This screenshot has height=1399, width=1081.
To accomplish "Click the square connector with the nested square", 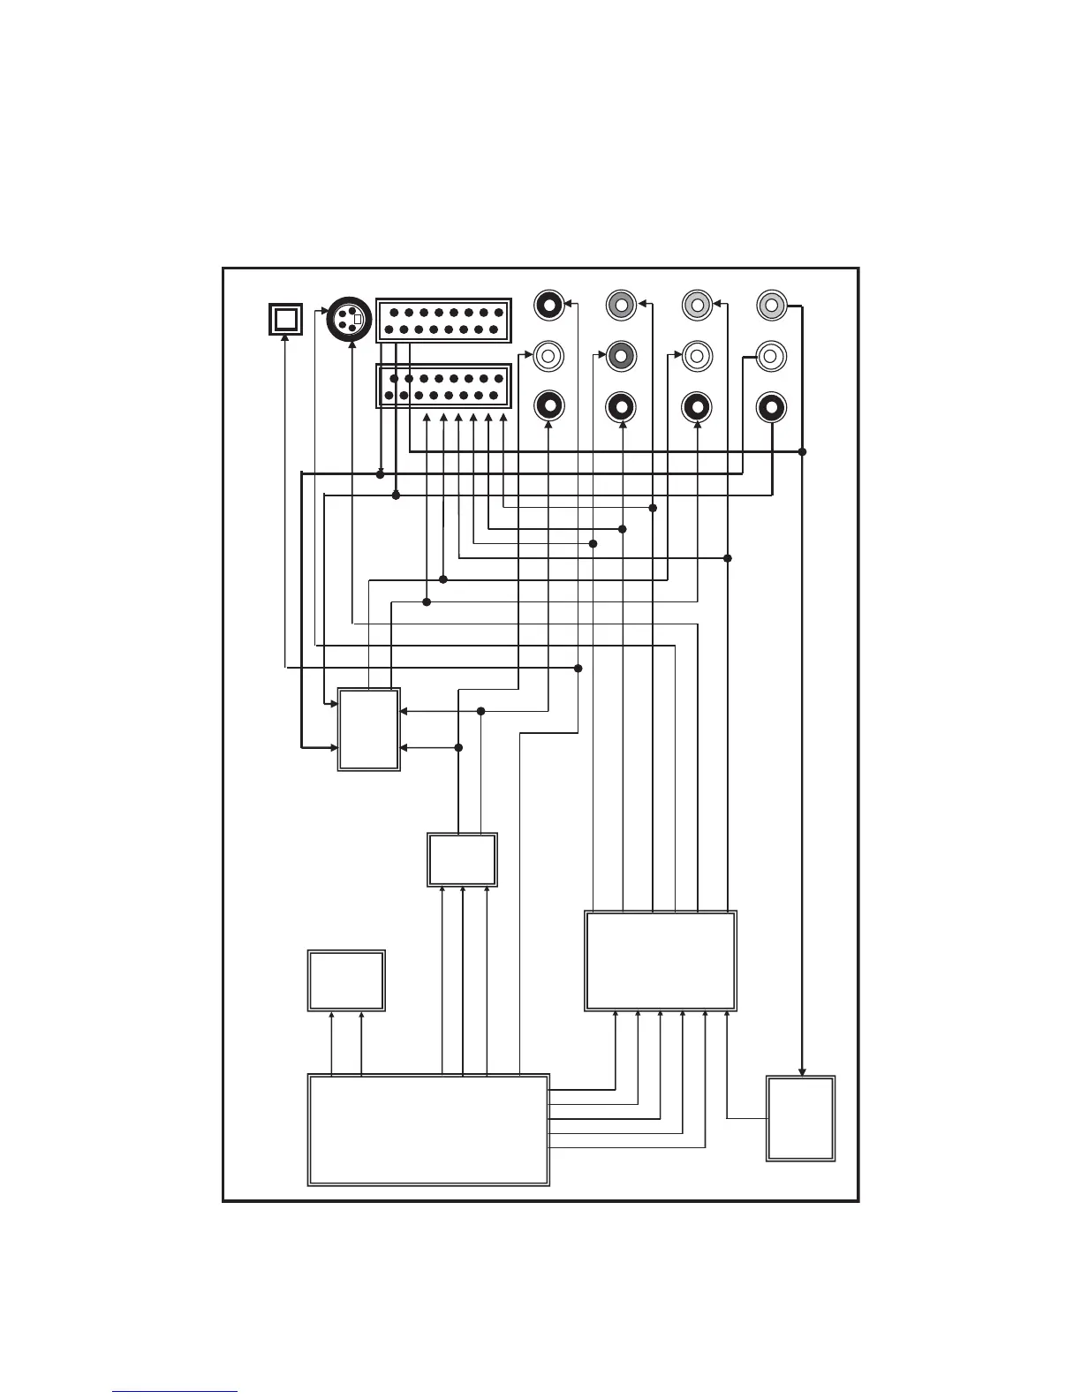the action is [285, 319].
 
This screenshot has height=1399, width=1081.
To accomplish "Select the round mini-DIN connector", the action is [348, 319].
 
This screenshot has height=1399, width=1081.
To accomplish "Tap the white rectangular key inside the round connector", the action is [358, 319].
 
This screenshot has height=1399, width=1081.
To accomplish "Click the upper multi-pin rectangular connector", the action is [443, 321].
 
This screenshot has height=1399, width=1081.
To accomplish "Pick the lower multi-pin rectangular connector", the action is [443, 387].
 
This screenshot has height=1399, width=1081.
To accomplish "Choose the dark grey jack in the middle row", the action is [621, 356].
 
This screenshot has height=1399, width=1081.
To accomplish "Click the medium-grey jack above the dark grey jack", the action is [621, 306].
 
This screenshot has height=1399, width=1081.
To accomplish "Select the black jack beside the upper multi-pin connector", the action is [549, 306].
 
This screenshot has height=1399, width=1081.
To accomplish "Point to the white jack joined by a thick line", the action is [771, 356].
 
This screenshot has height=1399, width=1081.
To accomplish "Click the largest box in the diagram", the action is [428, 1130].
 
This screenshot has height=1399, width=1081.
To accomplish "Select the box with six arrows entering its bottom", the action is [661, 961].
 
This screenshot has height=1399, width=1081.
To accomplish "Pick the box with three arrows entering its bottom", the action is [462, 859].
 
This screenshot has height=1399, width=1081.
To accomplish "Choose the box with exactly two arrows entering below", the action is [346, 980].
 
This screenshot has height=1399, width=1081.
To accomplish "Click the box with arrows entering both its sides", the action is [369, 730].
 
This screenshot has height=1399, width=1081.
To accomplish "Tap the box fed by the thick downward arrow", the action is [800, 1118].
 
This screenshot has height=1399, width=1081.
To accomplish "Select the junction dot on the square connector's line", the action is [578, 668].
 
